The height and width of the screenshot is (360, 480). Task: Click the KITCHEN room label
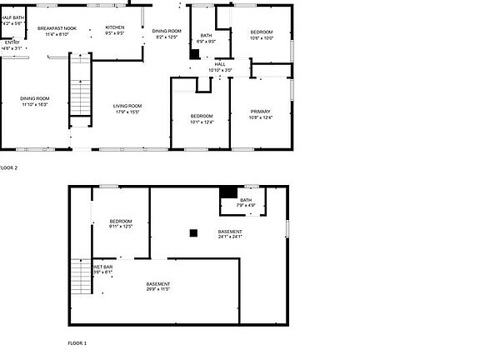[115, 27]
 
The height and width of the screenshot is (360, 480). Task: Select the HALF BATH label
[12, 17]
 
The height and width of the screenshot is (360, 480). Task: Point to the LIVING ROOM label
[127, 106]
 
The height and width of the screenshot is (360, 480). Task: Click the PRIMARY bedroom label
[261, 111]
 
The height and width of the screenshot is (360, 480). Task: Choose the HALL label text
[220, 63]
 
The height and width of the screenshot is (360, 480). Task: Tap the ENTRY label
[12, 42]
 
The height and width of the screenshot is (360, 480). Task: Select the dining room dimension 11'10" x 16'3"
[35, 104]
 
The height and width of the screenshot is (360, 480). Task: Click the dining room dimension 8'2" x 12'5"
[167, 37]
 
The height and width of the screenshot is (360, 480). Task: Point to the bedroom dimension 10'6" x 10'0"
[262, 37]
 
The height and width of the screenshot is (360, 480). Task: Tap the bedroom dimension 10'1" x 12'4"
[202, 122]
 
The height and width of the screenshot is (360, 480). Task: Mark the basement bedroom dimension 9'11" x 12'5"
[121, 226]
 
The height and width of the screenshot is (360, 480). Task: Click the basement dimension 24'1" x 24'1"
[230, 237]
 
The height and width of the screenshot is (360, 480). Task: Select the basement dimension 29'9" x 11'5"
[157, 289]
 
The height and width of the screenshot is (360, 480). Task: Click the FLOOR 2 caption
[8, 167]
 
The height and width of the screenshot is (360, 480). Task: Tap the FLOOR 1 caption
[77, 342]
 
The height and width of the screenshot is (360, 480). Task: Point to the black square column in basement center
[193, 233]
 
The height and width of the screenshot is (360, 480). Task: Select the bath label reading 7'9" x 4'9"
[246, 205]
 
